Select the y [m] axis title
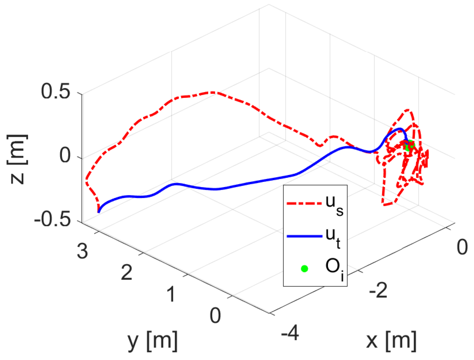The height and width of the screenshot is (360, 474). click(x=153, y=341)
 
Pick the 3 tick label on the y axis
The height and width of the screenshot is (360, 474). click(x=83, y=251)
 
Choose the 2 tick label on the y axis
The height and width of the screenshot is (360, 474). click(x=127, y=272)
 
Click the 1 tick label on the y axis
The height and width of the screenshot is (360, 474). click(x=171, y=294)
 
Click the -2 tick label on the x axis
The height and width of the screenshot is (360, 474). click(x=378, y=291)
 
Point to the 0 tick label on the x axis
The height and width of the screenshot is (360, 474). click(x=462, y=247)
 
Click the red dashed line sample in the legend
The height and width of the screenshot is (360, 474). click(x=304, y=203)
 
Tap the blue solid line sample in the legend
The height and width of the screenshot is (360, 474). click(x=304, y=236)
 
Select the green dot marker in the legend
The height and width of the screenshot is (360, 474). click(x=304, y=269)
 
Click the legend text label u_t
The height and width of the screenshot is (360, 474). click(x=333, y=237)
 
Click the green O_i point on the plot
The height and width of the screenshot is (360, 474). click(x=409, y=145)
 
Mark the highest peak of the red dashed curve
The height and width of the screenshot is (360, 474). click(x=213, y=92)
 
